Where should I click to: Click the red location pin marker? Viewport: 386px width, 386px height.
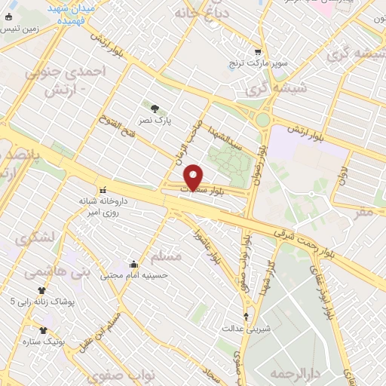(194, 178)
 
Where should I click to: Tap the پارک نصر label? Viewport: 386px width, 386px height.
(155, 120)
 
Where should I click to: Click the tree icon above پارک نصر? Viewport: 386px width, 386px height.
(155, 109)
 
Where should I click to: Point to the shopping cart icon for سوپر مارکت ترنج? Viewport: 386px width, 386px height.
(259, 53)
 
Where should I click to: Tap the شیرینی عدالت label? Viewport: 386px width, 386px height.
(244, 329)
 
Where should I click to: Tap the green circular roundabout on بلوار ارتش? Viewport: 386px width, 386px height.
(262, 119)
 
